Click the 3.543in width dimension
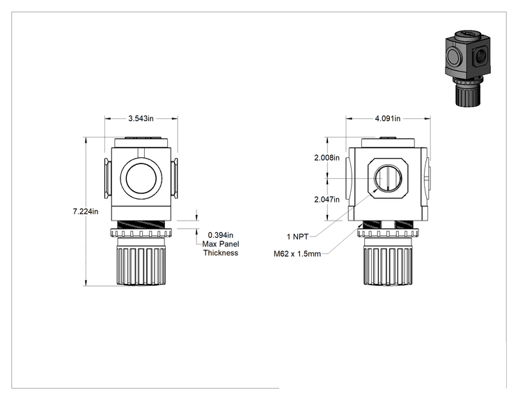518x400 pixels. [x=141, y=118]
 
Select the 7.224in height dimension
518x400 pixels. [x=86, y=211]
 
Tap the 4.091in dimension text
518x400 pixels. [x=388, y=118]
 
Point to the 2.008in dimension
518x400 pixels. [x=327, y=158]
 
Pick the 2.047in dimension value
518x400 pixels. [x=327, y=200]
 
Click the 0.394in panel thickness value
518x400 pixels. [x=220, y=235]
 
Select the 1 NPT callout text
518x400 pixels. [x=298, y=237]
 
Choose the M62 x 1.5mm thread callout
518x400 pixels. [x=297, y=254]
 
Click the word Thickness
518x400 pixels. [x=221, y=253]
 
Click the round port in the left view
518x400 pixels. [x=141, y=179]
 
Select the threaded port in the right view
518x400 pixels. [x=388, y=178]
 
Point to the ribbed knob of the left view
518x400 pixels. [x=141, y=265]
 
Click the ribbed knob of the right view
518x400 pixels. [x=388, y=265]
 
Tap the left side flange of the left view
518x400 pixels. [x=108, y=179]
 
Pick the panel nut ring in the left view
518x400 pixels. [x=141, y=233]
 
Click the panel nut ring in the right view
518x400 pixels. [x=388, y=233]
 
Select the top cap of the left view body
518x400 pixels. [x=142, y=143]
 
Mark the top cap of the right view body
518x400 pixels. [x=388, y=143]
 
